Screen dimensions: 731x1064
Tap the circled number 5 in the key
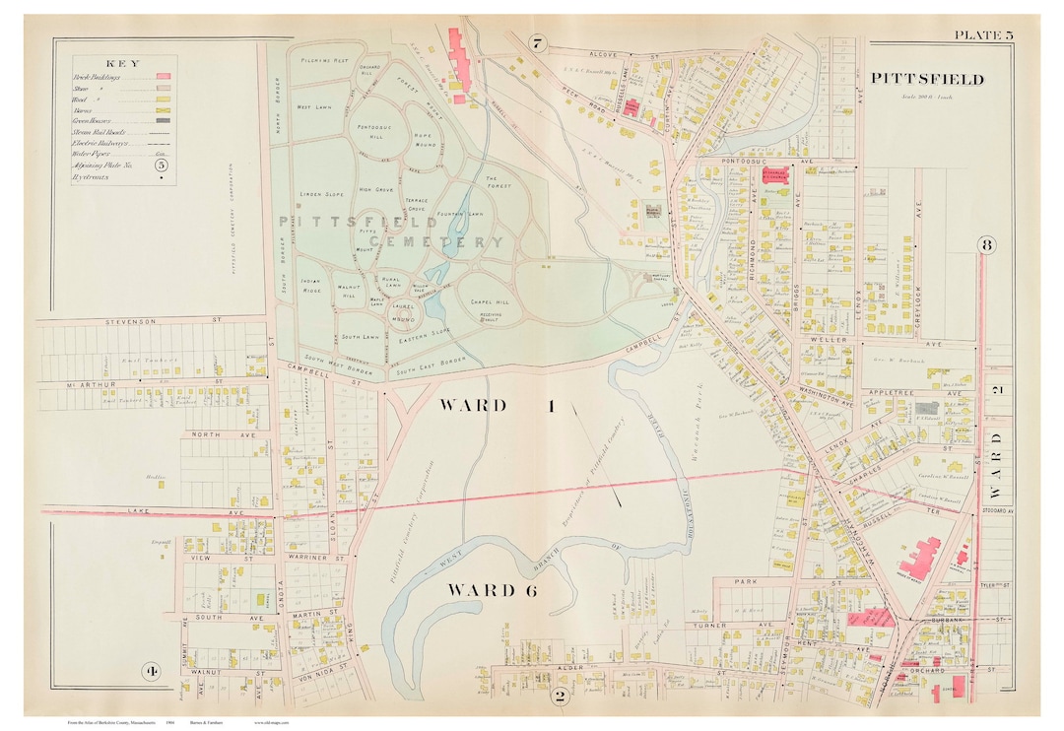pos(162,166)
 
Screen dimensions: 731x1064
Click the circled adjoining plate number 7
pos(536,43)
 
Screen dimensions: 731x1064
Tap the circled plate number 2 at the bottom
pos(559,696)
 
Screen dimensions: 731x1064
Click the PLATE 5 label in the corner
pos(982,36)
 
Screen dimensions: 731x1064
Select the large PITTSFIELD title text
pos(926,79)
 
